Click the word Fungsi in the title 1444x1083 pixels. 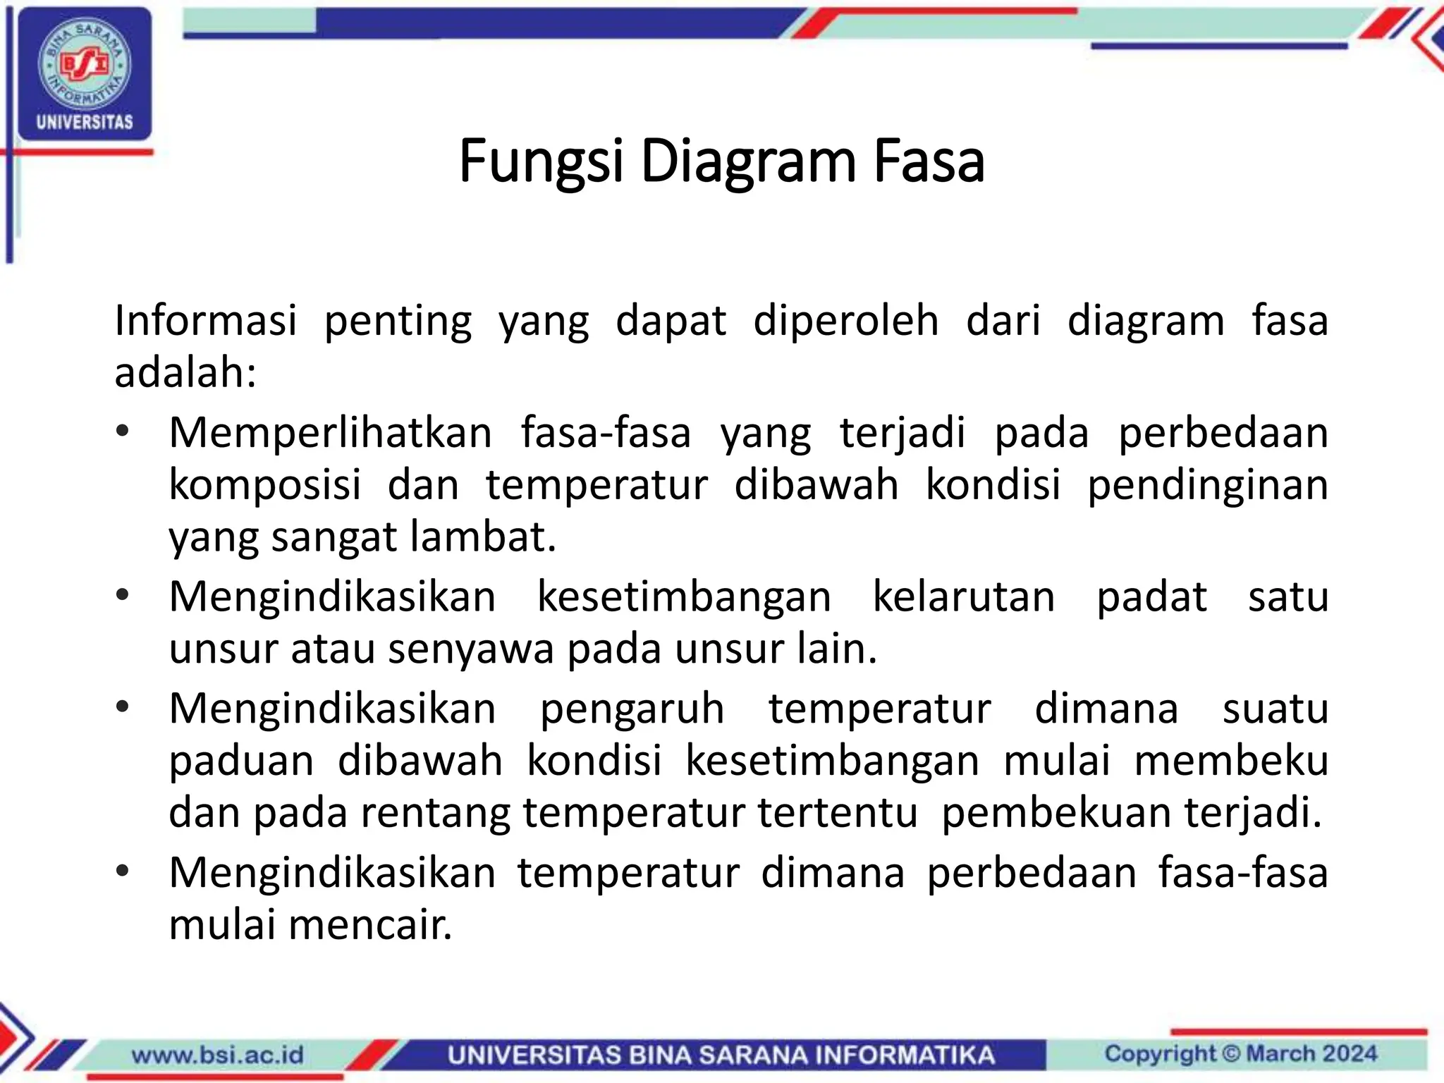point(541,162)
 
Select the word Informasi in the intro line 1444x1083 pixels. point(205,321)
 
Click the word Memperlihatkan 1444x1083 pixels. point(330,432)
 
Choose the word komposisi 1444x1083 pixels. point(265,485)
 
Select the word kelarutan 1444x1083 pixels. point(964,596)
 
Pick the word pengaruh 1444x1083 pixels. point(632,709)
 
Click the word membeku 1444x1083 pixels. point(1231,761)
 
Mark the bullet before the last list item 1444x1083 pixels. point(123,871)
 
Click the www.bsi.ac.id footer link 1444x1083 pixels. point(218,1055)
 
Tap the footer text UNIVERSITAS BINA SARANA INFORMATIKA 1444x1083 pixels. point(721,1055)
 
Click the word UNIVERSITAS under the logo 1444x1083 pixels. point(85,122)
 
